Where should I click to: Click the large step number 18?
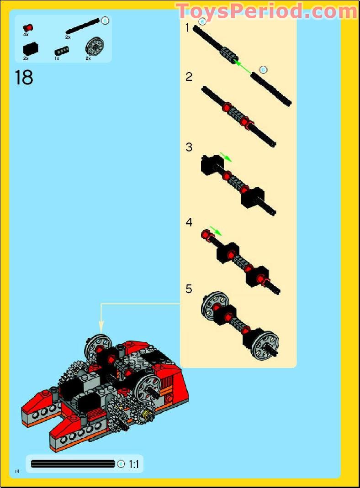(24, 77)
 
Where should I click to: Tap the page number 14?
(17, 471)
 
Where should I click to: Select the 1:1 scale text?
(134, 464)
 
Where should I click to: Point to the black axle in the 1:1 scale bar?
(73, 464)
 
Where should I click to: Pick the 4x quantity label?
(26, 35)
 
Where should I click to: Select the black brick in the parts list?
(31, 48)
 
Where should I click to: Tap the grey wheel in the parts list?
(92, 47)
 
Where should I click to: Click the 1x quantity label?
(57, 58)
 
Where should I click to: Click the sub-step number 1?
(188, 28)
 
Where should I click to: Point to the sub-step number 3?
(189, 147)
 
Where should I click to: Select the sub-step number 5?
(189, 289)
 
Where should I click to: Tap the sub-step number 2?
(189, 77)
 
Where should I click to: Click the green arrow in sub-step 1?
(245, 66)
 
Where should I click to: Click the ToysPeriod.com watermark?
(266, 11)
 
